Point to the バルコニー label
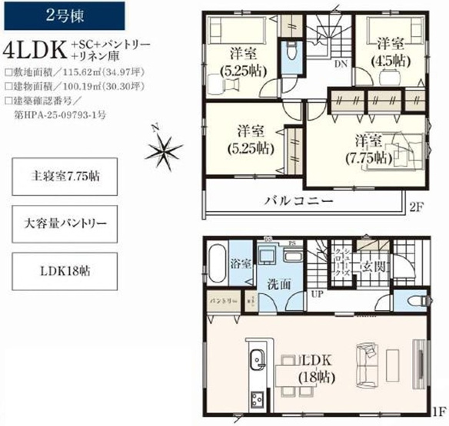click(x=299, y=201)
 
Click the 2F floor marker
click(x=416, y=206)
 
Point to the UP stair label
click(x=317, y=293)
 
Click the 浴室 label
click(x=240, y=263)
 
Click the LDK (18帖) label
click(x=316, y=368)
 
